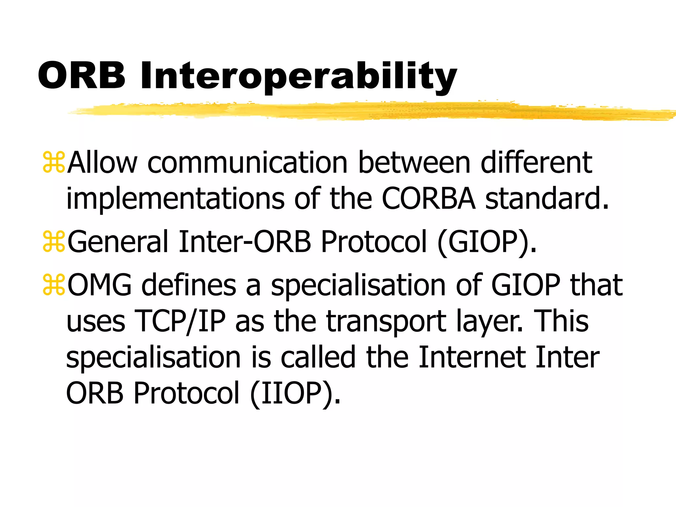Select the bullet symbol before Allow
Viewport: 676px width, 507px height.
coord(54,162)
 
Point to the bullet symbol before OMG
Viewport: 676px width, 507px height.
coord(54,285)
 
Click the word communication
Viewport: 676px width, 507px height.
coord(247,162)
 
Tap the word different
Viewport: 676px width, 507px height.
coord(536,162)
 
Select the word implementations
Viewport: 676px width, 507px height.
coord(175,199)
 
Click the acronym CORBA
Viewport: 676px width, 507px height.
coord(429,199)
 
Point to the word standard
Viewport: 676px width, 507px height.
coord(546,199)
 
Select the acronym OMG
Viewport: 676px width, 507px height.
coord(99,285)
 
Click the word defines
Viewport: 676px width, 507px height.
coord(188,285)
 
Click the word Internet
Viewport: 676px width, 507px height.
coord(472,357)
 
